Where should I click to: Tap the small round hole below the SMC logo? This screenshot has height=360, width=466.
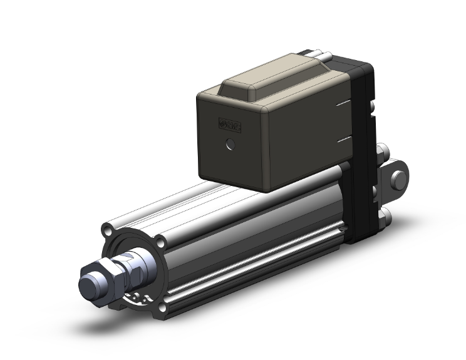click(x=230, y=145)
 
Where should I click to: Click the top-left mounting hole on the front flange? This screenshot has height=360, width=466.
click(x=113, y=225)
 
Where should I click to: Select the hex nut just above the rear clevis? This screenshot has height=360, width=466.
click(x=383, y=153)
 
